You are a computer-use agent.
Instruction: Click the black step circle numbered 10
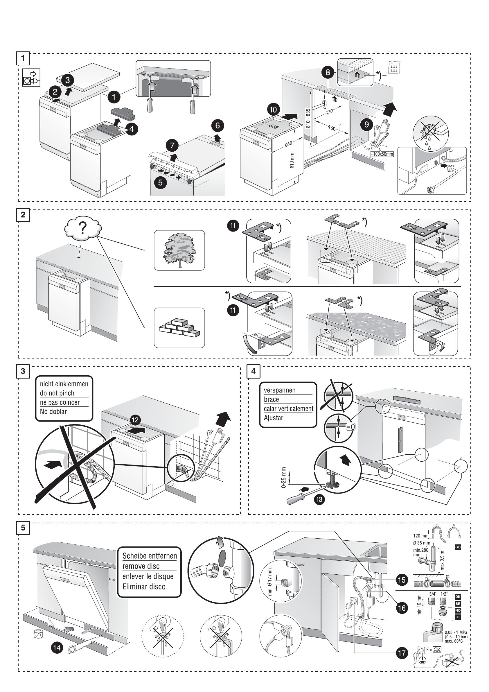coord(273,110)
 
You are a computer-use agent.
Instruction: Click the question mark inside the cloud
coord(82,228)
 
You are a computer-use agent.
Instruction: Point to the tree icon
coord(179,250)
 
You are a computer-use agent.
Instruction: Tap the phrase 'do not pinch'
coord(57,393)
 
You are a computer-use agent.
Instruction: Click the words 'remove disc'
coord(141,566)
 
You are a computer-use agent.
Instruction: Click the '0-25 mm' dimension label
coord(283,477)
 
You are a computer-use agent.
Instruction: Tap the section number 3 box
coord(23,371)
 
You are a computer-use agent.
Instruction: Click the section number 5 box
coord(23,528)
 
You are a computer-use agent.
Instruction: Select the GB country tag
coord(457,547)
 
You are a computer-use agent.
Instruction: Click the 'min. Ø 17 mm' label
coord(270,582)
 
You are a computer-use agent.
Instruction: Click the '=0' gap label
coord(350,427)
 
